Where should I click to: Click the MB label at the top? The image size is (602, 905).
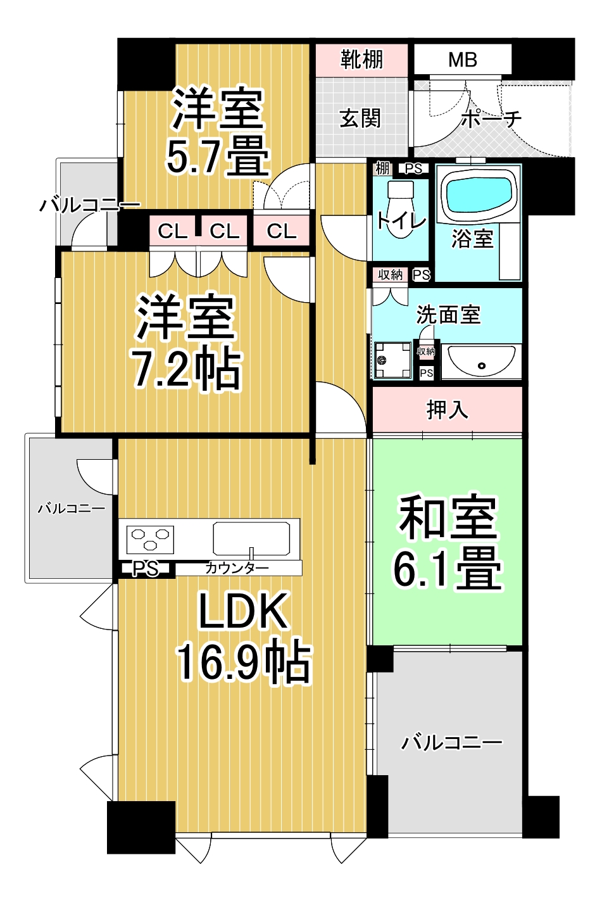pos(462,60)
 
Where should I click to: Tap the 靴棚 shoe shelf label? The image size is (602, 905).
pos(361,60)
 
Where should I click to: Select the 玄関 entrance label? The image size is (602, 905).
pos(360,119)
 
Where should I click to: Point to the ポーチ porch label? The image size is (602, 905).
pos(491,119)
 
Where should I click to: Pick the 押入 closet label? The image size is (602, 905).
pos(447,410)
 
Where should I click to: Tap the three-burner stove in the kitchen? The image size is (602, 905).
pos(150,540)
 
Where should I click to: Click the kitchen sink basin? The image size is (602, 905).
pos(251,539)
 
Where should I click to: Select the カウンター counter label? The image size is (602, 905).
pos(237,569)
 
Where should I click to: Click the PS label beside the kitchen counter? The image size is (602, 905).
pos(146,569)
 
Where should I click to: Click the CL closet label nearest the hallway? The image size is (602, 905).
pos(282,232)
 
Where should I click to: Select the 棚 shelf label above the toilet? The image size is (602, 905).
pos(383,168)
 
